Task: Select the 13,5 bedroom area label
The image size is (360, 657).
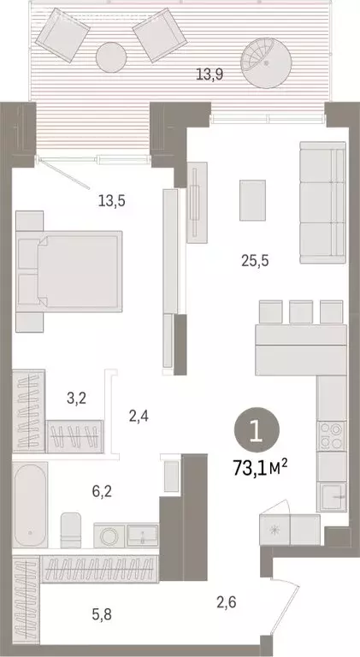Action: pyautogui.click(x=110, y=202)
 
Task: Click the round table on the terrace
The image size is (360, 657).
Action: pyautogui.click(x=111, y=57)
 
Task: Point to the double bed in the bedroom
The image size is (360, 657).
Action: pyautogui.click(x=70, y=269)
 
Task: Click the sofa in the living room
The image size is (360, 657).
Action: pyautogui.click(x=322, y=203)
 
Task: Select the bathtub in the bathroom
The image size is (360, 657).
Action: pyautogui.click(x=30, y=506)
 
